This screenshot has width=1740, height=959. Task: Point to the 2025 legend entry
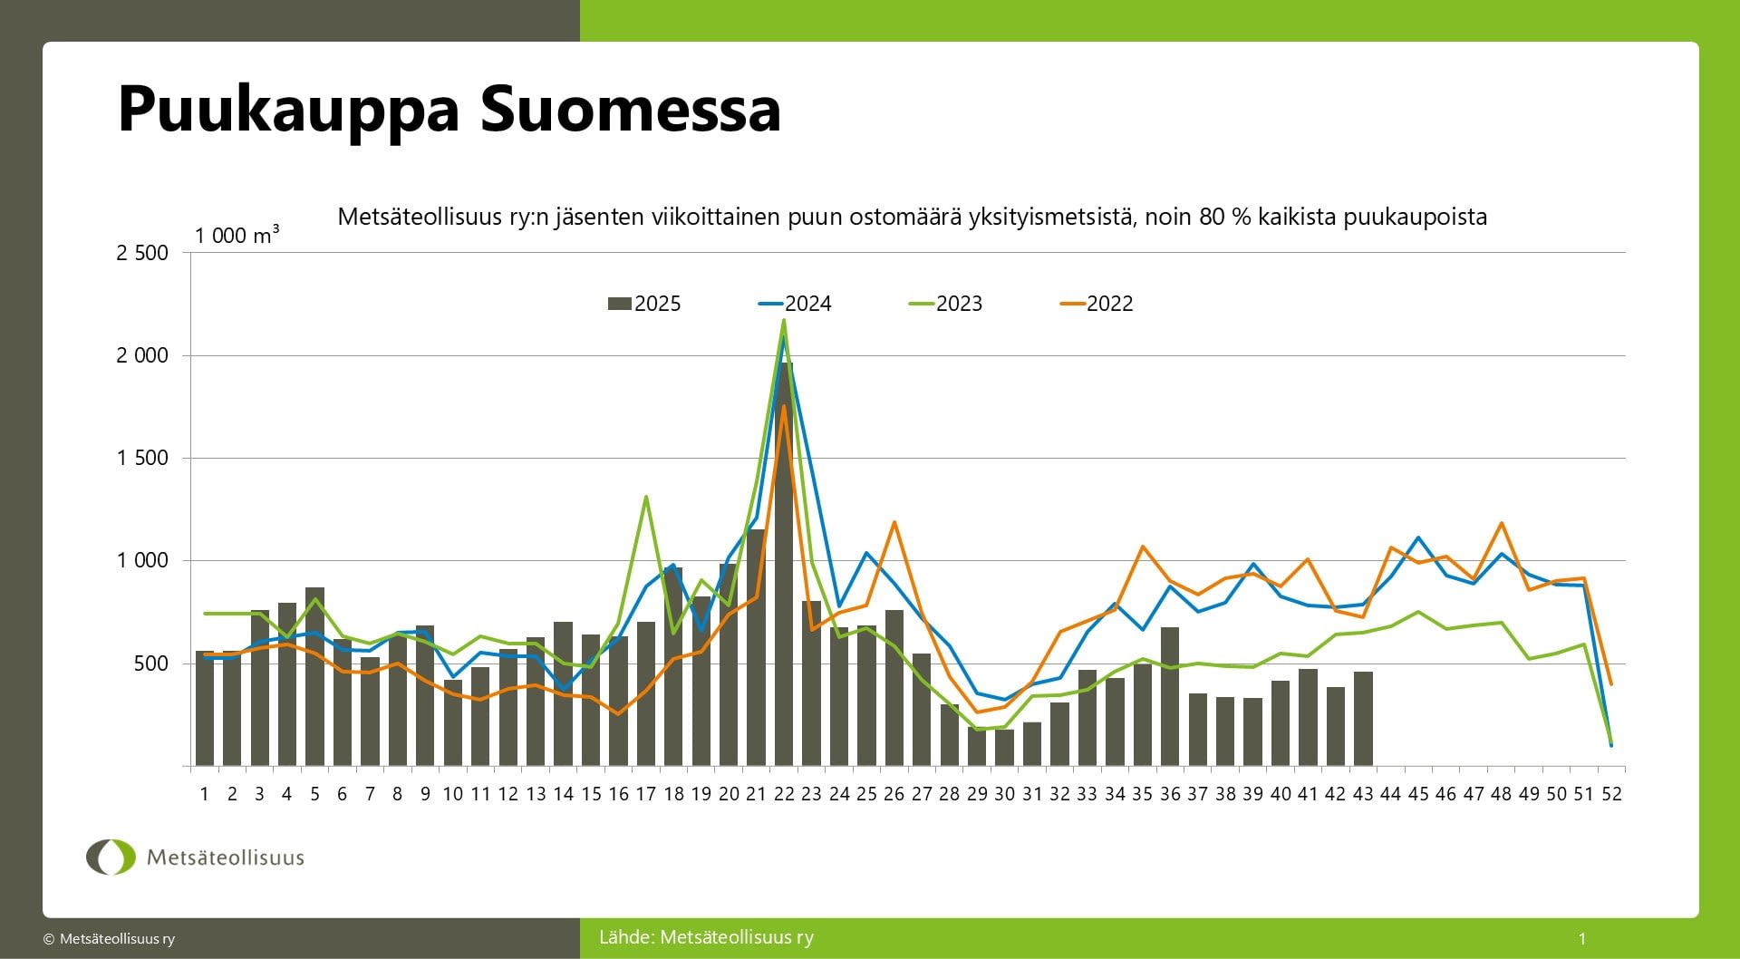coord(645,304)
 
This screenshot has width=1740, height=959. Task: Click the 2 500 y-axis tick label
coord(142,253)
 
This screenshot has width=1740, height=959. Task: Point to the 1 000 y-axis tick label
coord(142,560)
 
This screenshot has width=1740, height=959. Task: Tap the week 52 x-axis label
coord(1611,794)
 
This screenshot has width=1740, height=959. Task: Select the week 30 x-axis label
coord(1004,794)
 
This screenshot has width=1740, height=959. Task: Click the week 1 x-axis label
coord(205,794)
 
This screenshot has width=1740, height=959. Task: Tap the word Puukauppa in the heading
coord(289,111)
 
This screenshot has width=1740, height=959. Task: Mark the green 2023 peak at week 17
coord(645,497)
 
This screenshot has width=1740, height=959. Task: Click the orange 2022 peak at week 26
coord(894,522)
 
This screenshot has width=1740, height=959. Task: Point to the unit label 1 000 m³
coord(237,235)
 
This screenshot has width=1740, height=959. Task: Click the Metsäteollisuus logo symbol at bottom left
coord(111,857)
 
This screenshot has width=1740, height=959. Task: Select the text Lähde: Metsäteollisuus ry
coord(706,937)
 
